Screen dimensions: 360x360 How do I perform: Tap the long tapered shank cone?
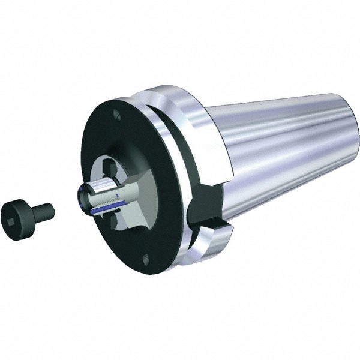click(282, 150)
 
